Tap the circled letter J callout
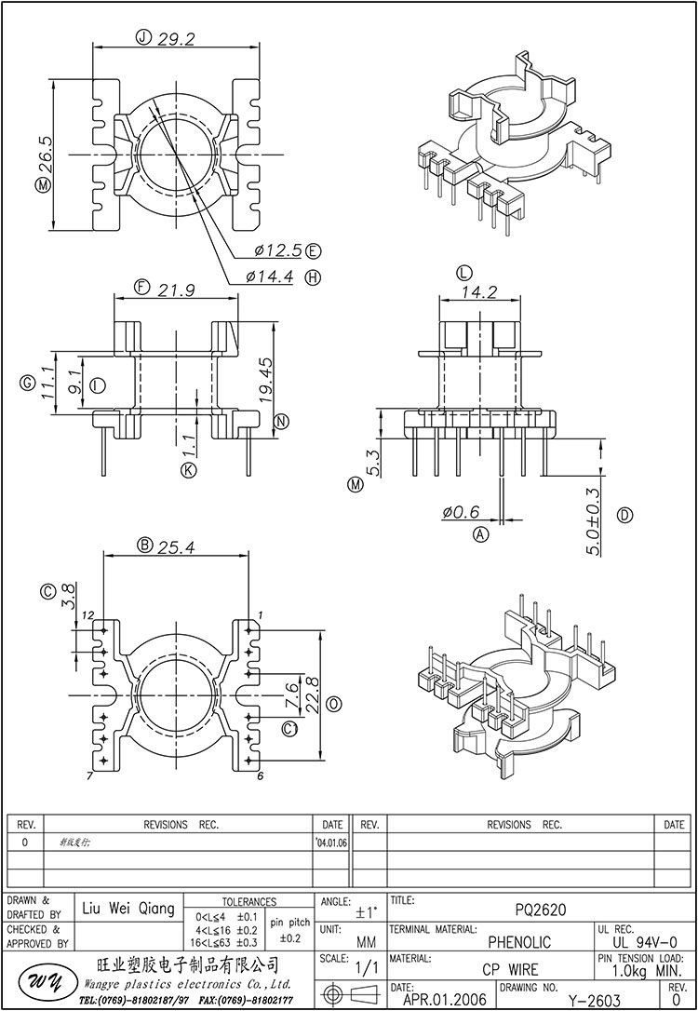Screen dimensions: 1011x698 click(143, 38)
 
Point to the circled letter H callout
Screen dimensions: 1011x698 click(313, 276)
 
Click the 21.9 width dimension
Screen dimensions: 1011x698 click(177, 289)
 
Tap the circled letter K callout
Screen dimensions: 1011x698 click(189, 470)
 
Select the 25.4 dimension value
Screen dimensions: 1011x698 click(177, 546)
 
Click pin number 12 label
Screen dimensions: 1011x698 click(87, 615)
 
